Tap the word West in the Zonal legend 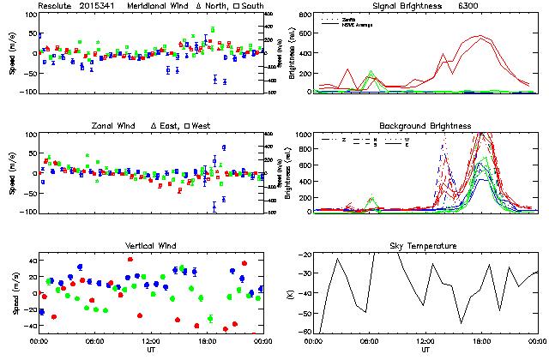point(202,126)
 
